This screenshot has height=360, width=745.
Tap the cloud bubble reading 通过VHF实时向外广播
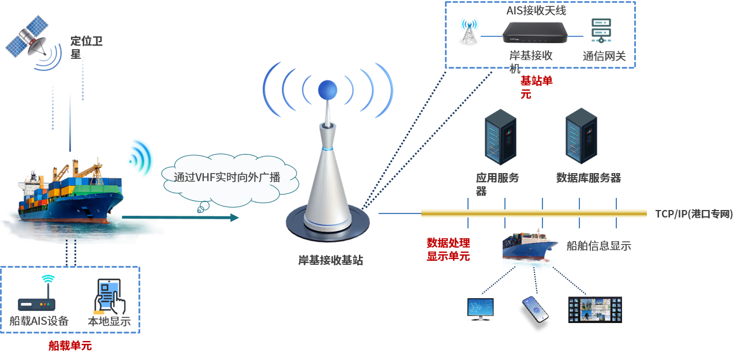[227, 177]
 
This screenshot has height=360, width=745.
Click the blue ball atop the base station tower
[328, 89]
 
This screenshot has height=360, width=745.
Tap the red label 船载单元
[70, 346]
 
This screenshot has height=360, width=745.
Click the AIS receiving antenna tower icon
[469, 31]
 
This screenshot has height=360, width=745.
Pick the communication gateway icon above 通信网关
[601, 31]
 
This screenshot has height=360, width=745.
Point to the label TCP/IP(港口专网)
[694, 214]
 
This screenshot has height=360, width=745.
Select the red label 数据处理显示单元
[448, 249]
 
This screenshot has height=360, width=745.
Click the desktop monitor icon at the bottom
[480, 309]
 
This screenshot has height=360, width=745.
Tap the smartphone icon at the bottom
[534, 310]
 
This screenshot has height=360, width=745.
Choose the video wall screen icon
[595, 309]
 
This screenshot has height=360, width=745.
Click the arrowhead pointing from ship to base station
[234, 217]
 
